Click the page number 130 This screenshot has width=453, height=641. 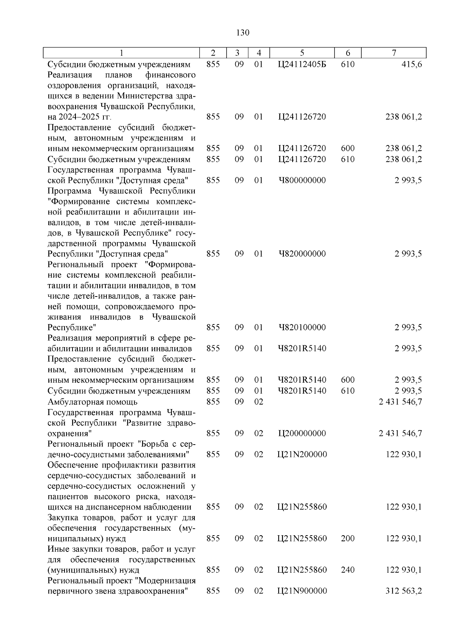242,33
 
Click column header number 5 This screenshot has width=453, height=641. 302,53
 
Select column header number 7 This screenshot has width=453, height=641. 394,53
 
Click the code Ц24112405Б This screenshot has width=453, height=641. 302,64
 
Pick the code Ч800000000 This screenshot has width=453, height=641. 302,180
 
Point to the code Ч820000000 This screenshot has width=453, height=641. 302,253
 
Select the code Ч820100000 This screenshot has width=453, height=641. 302,327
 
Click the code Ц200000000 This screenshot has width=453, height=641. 302,433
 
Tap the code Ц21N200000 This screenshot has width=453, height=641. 302,454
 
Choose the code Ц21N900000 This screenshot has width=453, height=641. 302,591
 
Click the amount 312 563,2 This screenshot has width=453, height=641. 404,591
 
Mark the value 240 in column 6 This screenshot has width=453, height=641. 348,570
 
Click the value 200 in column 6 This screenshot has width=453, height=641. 348,538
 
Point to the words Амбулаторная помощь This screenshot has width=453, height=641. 92,402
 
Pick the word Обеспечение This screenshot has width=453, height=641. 72,465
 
